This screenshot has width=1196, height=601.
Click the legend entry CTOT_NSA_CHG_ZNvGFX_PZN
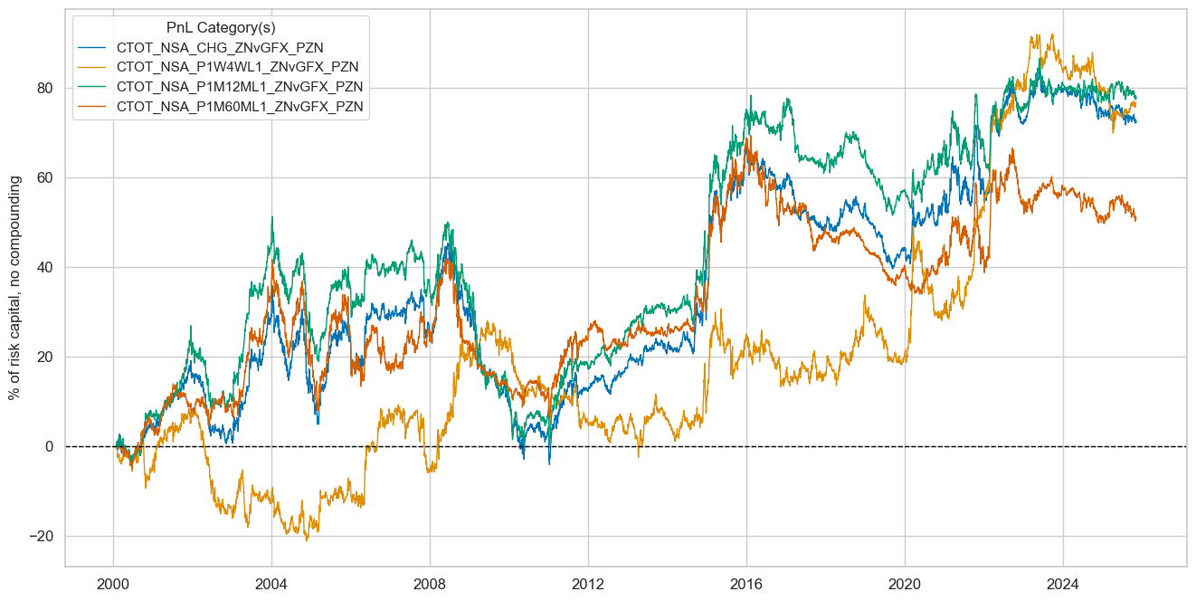(x=220, y=47)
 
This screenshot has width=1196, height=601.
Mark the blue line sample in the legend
(x=94, y=47)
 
